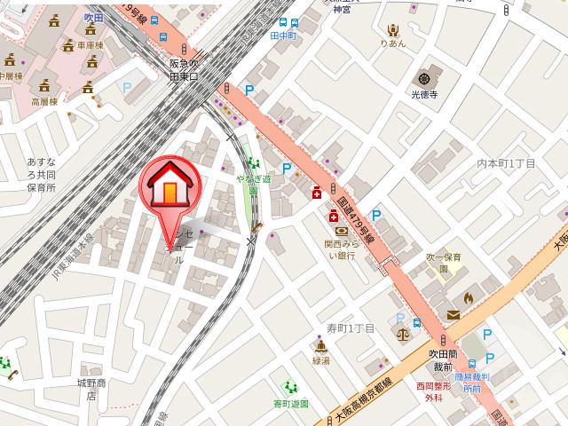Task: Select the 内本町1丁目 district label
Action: point(507,163)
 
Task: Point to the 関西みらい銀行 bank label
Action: point(340,249)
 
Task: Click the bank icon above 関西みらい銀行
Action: point(340,232)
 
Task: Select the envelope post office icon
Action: point(454,314)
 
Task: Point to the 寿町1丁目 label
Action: point(351,328)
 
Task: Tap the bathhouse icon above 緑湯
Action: point(320,347)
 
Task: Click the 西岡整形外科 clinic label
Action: point(433,393)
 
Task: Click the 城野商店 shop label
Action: point(91,389)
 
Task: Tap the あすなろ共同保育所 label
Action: point(42,176)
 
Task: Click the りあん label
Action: point(391,43)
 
